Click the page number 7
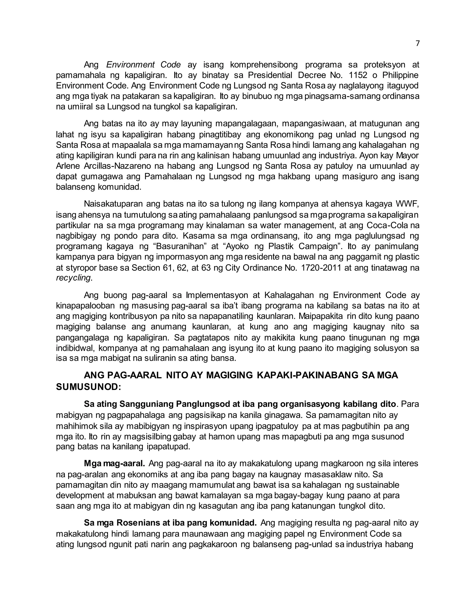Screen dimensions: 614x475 point(417,43)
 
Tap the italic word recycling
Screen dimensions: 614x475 point(73,278)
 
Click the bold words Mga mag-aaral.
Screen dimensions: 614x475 point(114,463)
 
